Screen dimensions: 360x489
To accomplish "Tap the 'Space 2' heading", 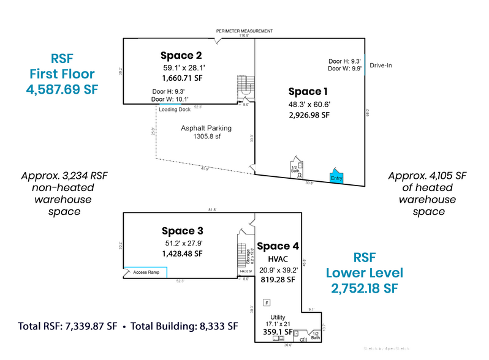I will pos(182,53).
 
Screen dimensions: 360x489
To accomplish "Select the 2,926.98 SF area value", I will pos(309,115).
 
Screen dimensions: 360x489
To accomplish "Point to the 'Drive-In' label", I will pos(381,65).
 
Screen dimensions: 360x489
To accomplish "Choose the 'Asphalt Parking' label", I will pos(206,128).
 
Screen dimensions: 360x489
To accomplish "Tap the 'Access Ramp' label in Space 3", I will pos(146,272).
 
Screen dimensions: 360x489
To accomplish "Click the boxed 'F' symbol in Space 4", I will pos(267,302).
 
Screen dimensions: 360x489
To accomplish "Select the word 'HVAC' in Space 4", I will pos(278,259).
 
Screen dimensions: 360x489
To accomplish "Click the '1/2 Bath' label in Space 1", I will pos(295,169).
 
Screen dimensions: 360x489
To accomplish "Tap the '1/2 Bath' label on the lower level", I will pos(315,336).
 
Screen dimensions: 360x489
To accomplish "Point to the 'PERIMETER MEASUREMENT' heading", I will pos(244,31).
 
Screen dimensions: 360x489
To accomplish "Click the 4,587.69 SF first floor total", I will pos(61,89).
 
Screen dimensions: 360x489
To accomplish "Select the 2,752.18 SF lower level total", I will pos(364,288).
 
